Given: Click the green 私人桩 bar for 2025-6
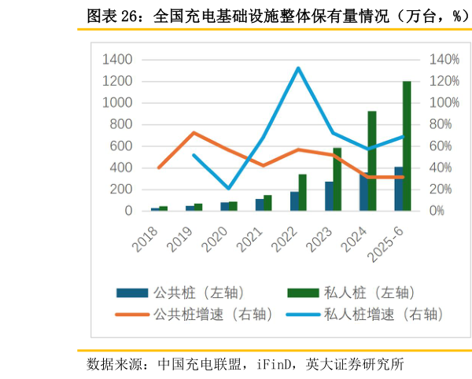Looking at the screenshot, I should (x=407, y=146).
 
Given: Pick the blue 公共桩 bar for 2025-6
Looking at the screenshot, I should (x=398, y=189).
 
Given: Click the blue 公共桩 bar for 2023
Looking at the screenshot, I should (x=329, y=197).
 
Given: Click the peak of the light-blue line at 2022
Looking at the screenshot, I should (x=298, y=68).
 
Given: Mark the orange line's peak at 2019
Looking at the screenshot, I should (x=194, y=133).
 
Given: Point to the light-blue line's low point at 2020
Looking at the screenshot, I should (x=229, y=189).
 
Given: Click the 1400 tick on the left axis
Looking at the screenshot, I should (x=117, y=60).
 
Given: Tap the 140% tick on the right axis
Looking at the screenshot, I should (x=444, y=60).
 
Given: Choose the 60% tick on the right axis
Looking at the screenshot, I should (x=441, y=146).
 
